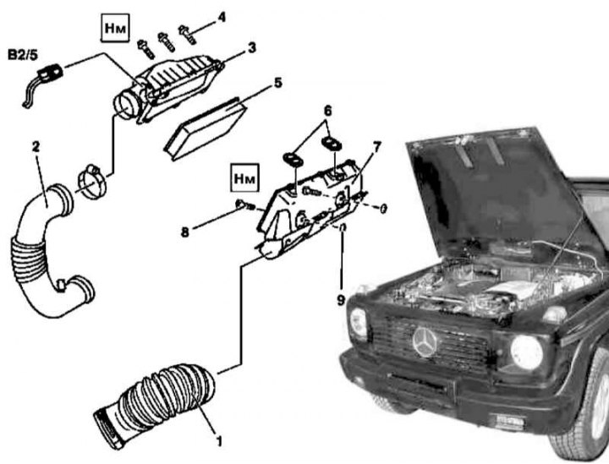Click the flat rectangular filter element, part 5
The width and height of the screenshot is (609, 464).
point(208,126)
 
